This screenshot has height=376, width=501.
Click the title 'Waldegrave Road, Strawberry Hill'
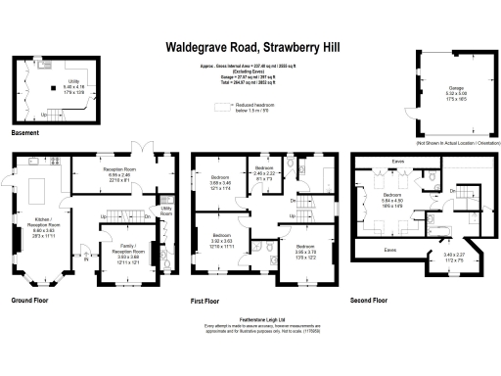tap(251, 46)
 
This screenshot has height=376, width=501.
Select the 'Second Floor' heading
tap(369, 301)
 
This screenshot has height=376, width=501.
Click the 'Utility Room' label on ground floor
tap(166, 211)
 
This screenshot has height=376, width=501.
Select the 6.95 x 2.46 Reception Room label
tap(120, 172)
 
